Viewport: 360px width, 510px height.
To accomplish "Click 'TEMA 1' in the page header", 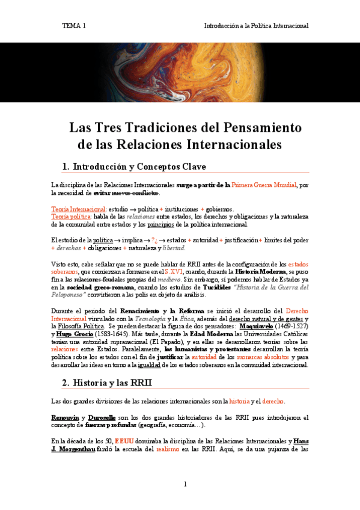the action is (x=74, y=26).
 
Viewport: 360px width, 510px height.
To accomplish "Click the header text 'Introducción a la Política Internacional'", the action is (x=256, y=26).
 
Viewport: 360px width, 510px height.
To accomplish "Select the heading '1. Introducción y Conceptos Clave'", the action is (x=134, y=166).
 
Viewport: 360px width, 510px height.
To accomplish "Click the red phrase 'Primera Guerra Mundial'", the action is (x=264, y=185).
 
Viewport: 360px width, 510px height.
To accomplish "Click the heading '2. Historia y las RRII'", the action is (x=107, y=382).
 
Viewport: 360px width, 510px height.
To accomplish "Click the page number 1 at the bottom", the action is (x=185, y=484).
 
